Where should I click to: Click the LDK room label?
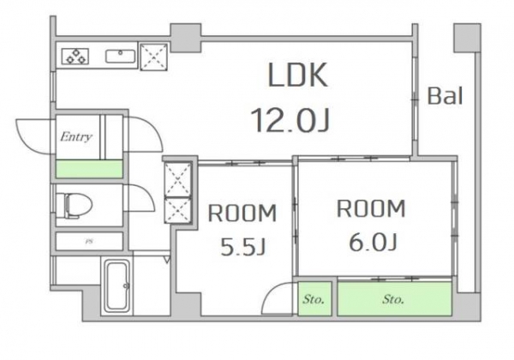click(297, 75)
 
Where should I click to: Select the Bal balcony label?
click(445, 95)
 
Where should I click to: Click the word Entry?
click(76, 137)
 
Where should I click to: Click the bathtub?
click(117, 285)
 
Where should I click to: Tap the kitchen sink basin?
click(120, 57)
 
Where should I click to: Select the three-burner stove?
click(75, 56)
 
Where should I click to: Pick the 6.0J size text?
click(373, 242)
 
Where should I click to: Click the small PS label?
click(88, 242)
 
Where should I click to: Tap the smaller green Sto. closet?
click(314, 298)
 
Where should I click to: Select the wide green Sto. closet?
click(394, 298)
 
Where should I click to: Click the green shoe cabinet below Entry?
click(89, 169)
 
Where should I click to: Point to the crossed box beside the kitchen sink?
click(154, 57)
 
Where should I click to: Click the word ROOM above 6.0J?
click(371, 208)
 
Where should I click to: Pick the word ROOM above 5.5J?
click(242, 213)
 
